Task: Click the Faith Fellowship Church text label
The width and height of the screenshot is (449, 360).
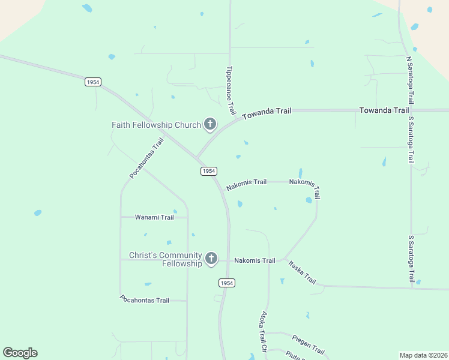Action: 156,125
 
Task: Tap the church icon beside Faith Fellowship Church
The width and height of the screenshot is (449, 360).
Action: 209,125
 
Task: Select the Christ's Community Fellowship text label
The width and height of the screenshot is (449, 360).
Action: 165,259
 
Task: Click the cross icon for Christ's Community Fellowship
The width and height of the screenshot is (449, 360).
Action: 211,259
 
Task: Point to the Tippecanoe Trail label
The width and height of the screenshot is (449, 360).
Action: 231,91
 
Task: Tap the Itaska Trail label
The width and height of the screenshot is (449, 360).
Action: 301,272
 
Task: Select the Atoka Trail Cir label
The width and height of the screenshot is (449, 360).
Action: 262,331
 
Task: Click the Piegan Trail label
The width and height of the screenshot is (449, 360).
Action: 308,344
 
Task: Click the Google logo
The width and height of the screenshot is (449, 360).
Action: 20,353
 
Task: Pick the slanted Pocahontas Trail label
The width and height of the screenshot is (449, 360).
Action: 146,158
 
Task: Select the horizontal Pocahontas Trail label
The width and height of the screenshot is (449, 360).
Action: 145,299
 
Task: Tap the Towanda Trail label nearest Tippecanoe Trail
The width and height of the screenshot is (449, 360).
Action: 267,112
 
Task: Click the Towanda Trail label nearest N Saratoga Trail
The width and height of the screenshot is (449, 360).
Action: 384,110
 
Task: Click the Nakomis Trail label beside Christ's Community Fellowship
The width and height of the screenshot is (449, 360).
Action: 255,260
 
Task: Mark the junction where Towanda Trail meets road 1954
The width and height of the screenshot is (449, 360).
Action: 196,158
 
